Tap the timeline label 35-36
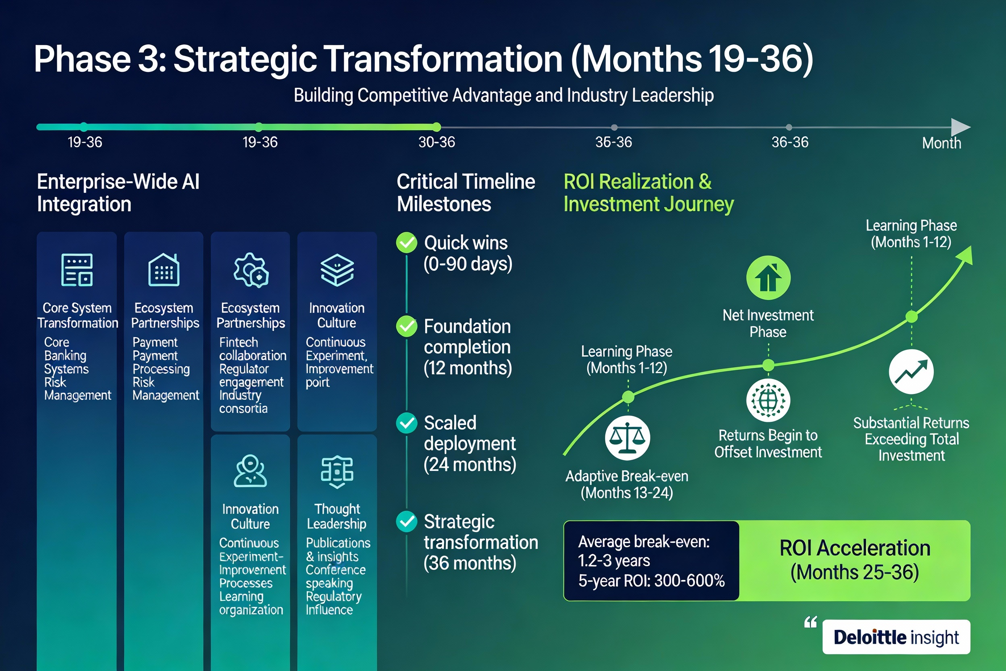click(613, 142)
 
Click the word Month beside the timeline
click(941, 143)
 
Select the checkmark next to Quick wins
click(406, 243)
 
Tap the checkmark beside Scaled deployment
click(406, 423)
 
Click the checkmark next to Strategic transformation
click(406, 521)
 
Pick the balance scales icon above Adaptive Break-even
click(627, 438)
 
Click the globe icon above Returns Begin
click(768, 400)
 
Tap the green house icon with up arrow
click(768, 278)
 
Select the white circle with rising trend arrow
click(911, 371)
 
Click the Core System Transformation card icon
click(77, 270)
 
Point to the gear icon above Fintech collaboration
click(251, 270)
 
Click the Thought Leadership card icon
click(337, 471)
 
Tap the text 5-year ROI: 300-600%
click(651, 581)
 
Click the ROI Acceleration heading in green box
click(854, 548)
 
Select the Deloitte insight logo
click(896, 637)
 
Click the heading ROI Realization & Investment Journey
click(648, 193)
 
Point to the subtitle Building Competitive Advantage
click(503, 95)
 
